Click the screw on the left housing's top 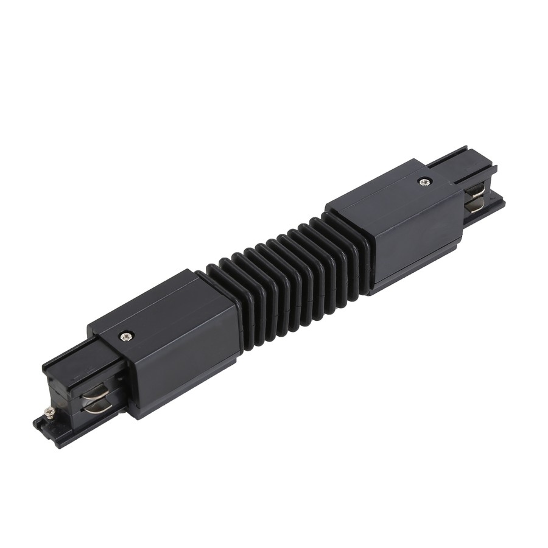(127, 334)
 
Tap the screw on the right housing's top (423, 181)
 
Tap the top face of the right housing (390, 189)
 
